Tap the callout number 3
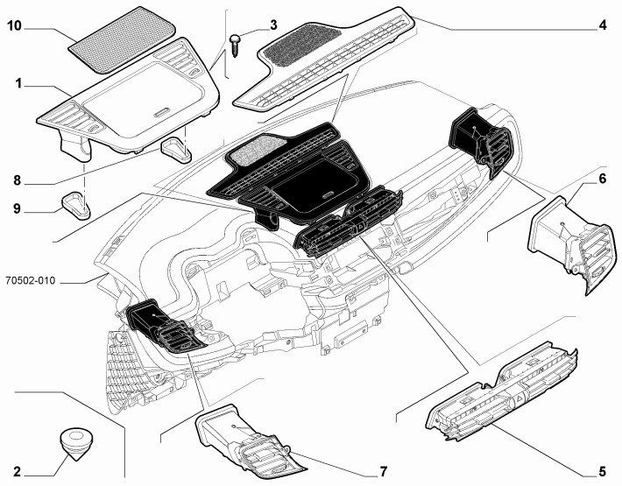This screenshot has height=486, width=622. [x=272, y=25]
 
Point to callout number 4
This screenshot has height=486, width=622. [x=603, y=25]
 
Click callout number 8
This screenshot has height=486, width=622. [x=18, y=182]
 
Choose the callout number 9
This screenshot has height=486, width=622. [x=18, y=209]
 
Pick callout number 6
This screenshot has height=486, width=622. [x=603, y=179]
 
